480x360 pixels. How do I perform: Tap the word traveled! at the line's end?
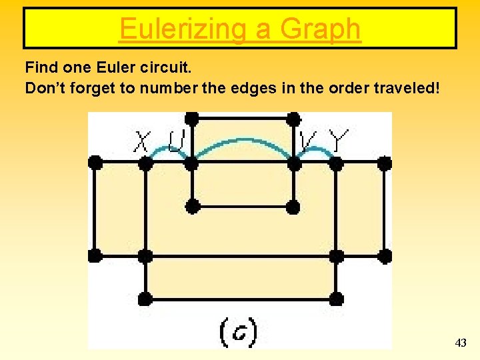pos(407,88)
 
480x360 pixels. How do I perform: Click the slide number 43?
pos(460,343)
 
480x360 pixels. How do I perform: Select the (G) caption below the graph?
pos(238,332)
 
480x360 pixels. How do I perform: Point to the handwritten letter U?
pos(177,141)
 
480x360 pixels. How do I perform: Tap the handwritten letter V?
pos(308,141)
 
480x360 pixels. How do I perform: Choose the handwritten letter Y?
pos(339,141)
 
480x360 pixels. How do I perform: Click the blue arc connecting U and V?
pos(242,141)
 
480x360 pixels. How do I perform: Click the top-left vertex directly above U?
pos(192,119)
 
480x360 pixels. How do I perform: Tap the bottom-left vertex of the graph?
pos(145,298)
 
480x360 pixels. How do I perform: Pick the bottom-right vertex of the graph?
pos(337,298)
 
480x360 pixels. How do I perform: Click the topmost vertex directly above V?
pos(293,119)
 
